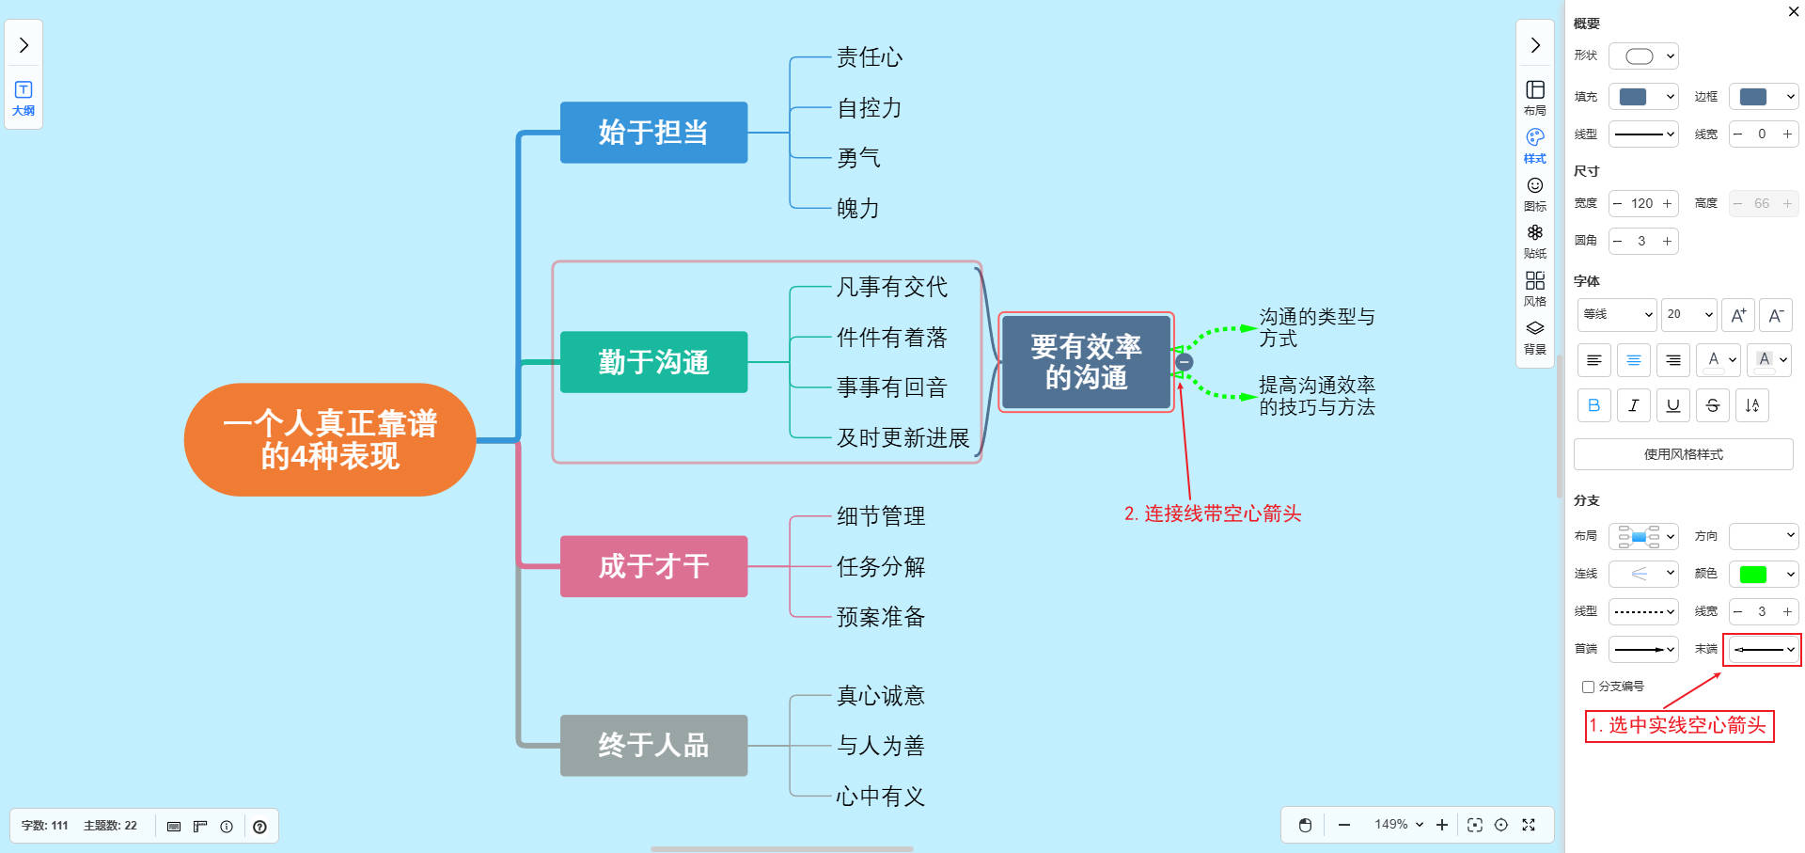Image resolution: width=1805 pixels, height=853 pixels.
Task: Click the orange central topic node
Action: pos(330,439)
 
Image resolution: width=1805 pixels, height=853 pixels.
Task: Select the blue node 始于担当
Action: pos(653,133)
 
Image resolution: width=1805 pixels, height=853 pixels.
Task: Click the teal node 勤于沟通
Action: pos(653,362)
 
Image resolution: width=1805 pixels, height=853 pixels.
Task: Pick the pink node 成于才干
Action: pos(653,566)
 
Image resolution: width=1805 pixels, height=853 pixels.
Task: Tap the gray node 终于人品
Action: pos(653,746)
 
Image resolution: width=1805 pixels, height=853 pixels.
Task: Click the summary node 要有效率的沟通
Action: pos(1086,362)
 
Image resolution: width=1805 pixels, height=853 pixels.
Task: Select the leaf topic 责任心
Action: pos(870,58)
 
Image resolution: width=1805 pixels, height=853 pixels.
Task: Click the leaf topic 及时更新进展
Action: pos(902,438)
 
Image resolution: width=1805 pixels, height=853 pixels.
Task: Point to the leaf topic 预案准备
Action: pos(881,617)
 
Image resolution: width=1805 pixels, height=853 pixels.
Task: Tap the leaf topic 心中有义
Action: pos(881,797)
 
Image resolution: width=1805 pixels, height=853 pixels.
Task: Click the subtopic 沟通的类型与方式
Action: pos(1316,327)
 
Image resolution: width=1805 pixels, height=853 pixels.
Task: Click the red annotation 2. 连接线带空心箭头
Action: pos(1213,513)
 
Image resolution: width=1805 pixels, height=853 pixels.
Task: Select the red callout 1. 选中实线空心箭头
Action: pos(1679,726)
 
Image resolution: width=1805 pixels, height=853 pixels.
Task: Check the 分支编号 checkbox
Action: pos(1589,687)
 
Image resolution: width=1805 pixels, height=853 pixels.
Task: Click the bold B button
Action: pos(1593,405)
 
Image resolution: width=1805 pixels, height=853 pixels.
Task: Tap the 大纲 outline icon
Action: pos(24,98)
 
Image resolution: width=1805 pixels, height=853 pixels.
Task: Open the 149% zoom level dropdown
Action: pos(1398,825)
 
